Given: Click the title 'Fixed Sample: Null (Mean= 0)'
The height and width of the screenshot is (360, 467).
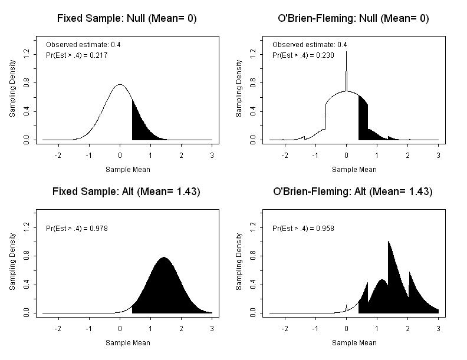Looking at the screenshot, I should coord(127,18).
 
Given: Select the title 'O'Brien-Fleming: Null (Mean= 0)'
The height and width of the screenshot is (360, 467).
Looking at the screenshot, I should coord(353,18).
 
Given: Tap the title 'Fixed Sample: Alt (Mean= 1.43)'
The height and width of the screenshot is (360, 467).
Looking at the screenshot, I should coord(127,191).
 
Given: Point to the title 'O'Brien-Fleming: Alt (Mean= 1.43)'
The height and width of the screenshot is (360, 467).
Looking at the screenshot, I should coord(353,191).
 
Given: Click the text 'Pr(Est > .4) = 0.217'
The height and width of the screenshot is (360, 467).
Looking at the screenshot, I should coord(77,55).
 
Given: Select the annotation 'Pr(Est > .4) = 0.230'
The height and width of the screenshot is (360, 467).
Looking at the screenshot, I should coord(304,55).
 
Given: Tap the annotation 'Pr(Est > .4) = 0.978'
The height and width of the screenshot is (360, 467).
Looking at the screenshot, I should coord(77,228).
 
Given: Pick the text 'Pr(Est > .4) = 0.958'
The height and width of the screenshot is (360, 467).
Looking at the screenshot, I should coord(304,228).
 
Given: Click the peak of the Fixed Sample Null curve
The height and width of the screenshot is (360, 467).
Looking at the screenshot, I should coord(120,85).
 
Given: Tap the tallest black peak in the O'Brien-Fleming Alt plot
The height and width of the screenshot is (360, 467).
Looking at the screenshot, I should coord(389,243).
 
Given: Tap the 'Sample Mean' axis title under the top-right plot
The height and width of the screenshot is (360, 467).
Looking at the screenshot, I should coord(354,169).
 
